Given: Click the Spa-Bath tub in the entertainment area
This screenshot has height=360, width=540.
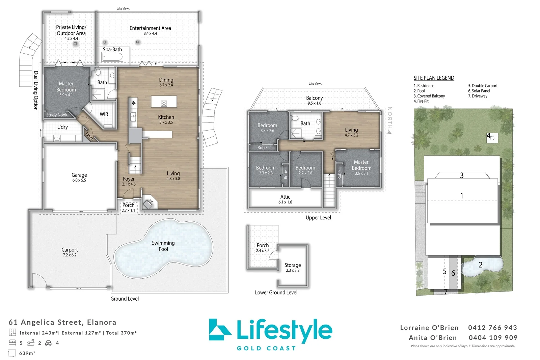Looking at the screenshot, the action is (x=113, y=57).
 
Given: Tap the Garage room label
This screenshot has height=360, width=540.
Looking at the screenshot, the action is (x=79, y=175).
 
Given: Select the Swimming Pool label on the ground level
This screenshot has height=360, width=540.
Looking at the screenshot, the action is (x=163, y=246).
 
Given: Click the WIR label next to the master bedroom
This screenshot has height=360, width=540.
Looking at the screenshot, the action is (x=104, y=114).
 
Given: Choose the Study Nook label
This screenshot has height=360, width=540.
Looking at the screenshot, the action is (x=57, y=115).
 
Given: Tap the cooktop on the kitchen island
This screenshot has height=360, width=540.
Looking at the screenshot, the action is (x=164, y=104).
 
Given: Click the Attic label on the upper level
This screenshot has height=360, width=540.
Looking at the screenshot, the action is (x=285, y=197).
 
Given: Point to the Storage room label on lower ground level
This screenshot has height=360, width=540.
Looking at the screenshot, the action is (x=293, y=265).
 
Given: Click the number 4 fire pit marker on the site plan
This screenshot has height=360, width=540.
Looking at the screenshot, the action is (x=488, y=136).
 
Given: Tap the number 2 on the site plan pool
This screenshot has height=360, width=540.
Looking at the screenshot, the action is (x=481, y=265).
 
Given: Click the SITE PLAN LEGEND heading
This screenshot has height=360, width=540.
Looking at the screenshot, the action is (x=434, y=78).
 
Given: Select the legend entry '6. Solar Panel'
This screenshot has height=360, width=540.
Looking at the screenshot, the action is (x=479, y=91).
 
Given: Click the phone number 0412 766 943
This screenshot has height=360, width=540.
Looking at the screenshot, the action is (x=493, y=328).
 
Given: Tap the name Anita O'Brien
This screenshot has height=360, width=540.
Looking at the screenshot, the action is (x=433, y=338).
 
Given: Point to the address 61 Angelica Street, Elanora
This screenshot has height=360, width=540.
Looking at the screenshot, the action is (x=62, y=322).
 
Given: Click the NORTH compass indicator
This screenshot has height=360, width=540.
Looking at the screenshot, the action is (x=389, y=120).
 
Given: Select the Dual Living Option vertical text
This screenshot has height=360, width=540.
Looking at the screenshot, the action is (x=36, y=91).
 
